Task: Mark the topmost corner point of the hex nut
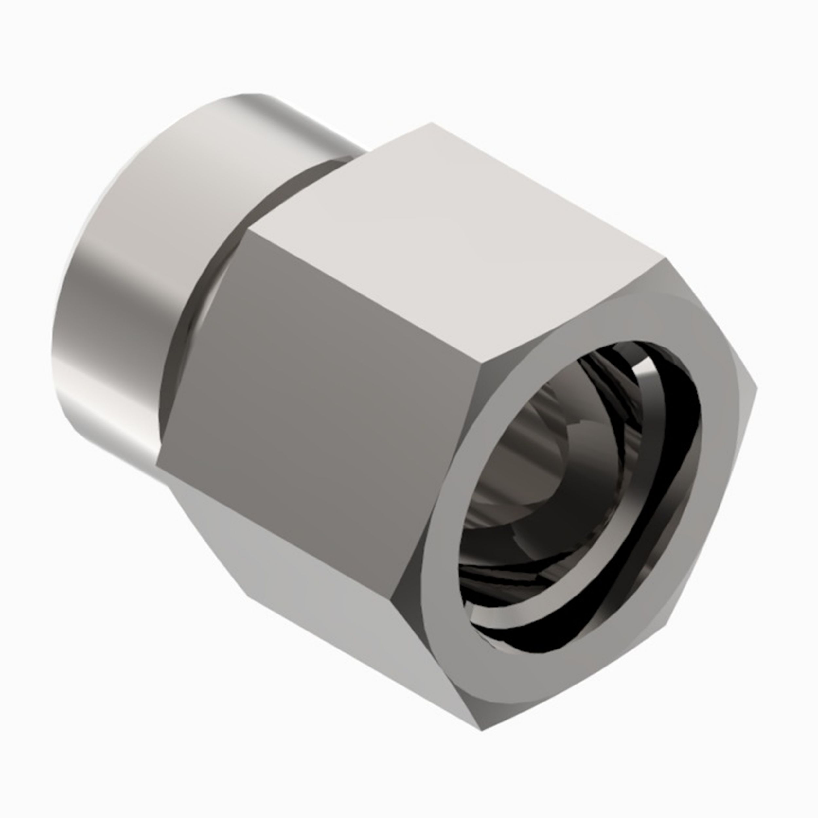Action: click(432, 123)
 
